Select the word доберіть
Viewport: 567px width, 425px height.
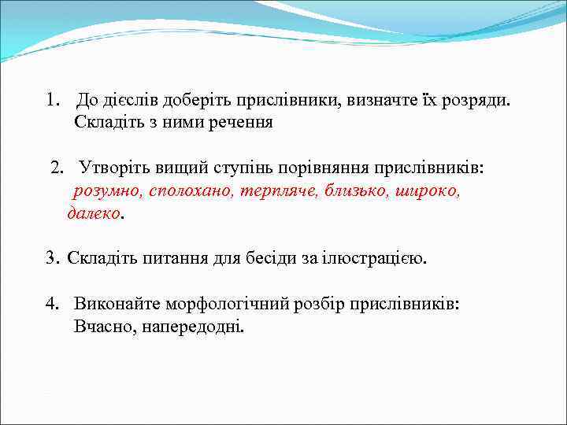coord(194,101)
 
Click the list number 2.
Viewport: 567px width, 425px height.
coord(56,169)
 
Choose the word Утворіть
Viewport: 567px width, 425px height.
coord(113,169)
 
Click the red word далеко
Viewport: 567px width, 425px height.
coord(94,213)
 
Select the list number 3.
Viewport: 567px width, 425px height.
coord(51,257)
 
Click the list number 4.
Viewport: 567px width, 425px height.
coord(51,304)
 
